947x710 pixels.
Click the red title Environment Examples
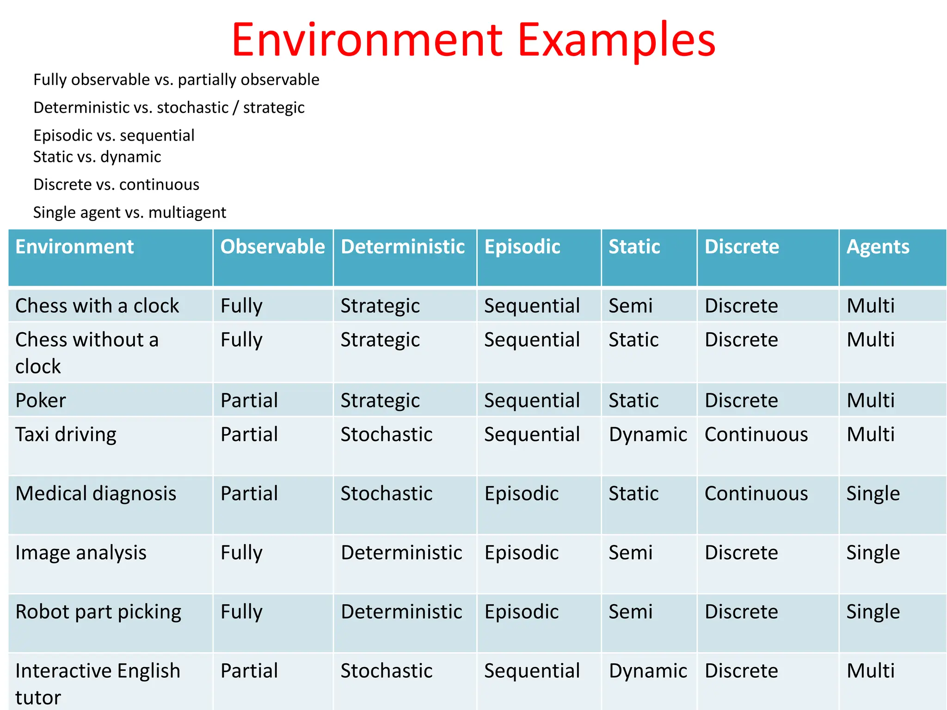point(473,40)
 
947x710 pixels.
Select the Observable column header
point(272,247)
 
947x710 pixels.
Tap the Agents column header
point(878,247)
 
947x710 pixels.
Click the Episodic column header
point(522,247)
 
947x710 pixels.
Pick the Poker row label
point(41,400)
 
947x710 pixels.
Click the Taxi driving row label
point(66,435)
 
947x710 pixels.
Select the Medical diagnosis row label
point(96,494)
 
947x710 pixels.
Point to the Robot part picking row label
point(98,612)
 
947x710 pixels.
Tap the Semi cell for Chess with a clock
point(630,306)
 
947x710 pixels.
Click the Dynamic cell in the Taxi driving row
point(648,435)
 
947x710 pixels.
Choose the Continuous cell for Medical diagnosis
point(756,494)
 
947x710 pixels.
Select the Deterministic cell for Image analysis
point(401,553)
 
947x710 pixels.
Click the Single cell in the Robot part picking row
point(873,612)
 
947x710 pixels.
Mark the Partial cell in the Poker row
point(249,400)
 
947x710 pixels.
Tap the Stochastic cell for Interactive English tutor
point(387,671)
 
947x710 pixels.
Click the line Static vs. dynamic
point(97,157)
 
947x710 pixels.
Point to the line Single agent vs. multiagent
point(129,213)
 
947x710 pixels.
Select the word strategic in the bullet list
point(274,108)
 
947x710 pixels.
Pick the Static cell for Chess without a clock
point(633,340)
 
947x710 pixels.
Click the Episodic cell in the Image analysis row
point(522,553)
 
